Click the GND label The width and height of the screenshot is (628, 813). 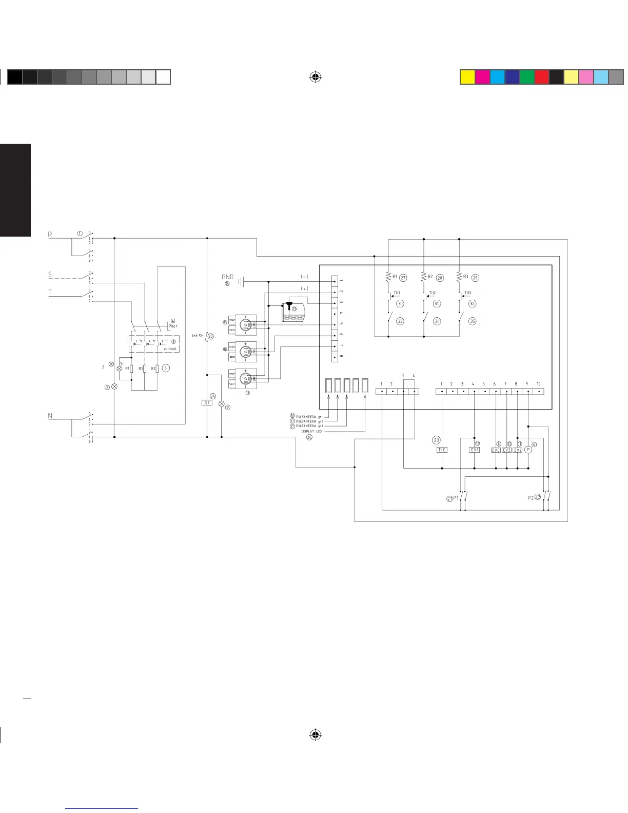point(227,277)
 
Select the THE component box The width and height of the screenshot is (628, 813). point(442,450)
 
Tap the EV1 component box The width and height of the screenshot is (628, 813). point(475,450)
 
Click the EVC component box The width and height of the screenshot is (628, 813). point(496,450)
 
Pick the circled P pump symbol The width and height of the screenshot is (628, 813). point(528,450)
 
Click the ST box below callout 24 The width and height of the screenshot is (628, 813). point(207,403)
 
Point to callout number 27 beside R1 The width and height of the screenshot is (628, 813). point(403,278)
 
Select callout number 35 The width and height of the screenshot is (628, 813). point(472,321)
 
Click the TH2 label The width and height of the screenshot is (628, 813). point(432,293)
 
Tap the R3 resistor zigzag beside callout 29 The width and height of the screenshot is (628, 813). point(459,277)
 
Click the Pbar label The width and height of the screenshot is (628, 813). point(173,326)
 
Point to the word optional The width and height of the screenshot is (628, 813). point(170,349)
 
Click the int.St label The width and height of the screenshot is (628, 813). point(198,336)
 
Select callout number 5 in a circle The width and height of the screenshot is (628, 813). point(165,368)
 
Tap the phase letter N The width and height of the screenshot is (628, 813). point(50,416)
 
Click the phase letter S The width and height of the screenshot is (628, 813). point(50,275)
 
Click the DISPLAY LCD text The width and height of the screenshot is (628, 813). point(315,432)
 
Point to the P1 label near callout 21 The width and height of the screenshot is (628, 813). point(456,498)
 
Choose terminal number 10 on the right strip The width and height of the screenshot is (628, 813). point(538,384)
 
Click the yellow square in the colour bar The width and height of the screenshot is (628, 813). point(467,77)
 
